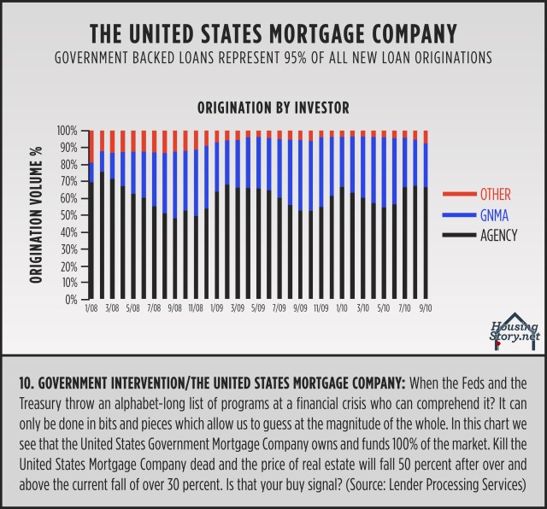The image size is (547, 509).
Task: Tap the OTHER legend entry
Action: point(497,195)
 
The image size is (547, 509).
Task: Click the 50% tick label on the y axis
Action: point(68,215)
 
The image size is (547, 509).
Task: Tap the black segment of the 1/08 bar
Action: point(91,231)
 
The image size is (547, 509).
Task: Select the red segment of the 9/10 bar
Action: point(425,137)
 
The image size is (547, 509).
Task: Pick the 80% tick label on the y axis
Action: point(68,165)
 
